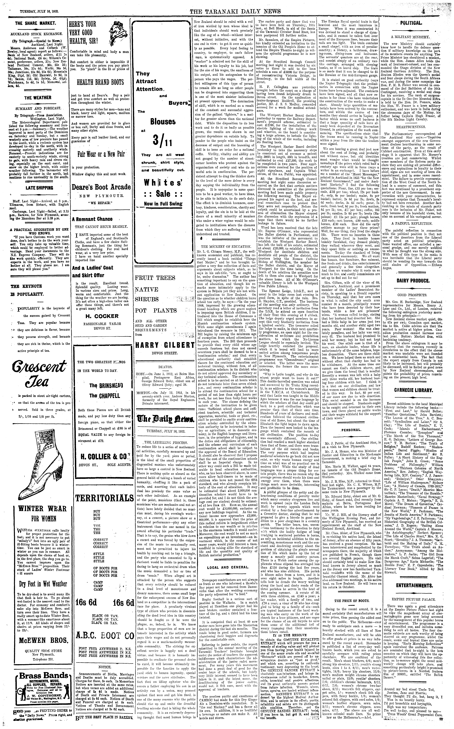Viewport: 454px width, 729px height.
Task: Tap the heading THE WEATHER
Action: [x=38, y=98]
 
